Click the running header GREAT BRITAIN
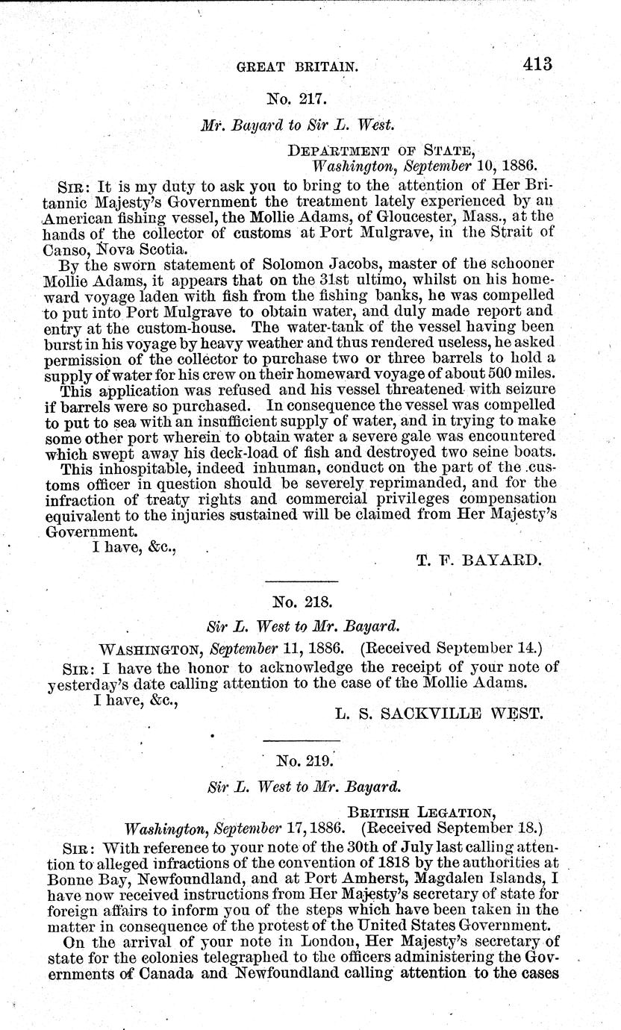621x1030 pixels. (296, 66)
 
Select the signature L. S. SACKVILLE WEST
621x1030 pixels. (438, 714)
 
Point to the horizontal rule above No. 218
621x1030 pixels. (302, 581)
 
